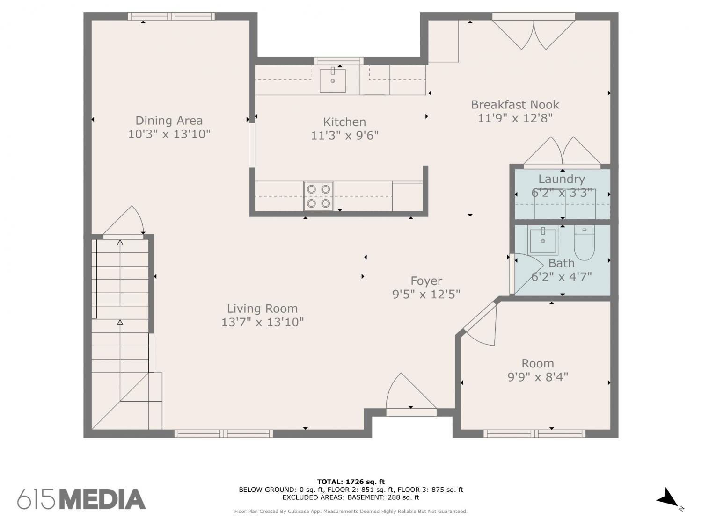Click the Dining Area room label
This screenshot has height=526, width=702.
[169, 121]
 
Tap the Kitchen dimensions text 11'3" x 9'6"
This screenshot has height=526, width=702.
[344, 136]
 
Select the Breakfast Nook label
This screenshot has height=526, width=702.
[515, 105]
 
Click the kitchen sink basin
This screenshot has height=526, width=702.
[333, 81]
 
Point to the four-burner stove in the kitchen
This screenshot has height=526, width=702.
[319, 196]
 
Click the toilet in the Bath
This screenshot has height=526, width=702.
[585, 242]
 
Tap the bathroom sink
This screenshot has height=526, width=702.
[543, 240]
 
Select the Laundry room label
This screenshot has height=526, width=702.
[562, 179]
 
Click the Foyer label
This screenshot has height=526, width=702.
[426, 281]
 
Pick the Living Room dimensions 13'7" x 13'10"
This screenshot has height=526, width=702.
[262, 322]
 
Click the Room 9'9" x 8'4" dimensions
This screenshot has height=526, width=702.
[538, 377]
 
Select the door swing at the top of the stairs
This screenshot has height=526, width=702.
[124, 220]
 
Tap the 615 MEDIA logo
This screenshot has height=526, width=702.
[81, 499]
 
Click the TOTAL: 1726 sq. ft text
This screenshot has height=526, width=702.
[351, 482]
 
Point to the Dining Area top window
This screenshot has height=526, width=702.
[171, 16]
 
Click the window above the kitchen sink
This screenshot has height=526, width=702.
[339, 61]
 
